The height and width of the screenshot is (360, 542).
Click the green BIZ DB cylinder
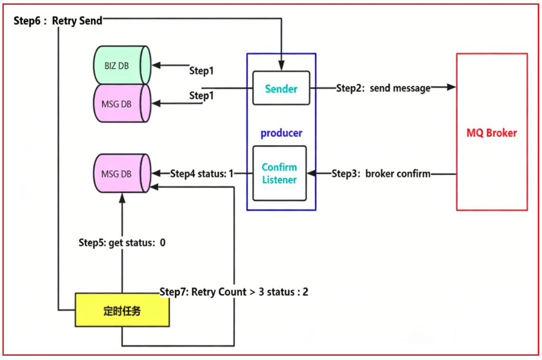coord(122,65)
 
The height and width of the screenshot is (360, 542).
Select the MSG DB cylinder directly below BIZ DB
coord(122,103)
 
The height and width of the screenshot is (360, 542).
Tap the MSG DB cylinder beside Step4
coord(122,174)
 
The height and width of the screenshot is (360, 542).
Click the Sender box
coord(281,88)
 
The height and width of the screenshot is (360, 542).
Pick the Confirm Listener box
coord(279,173)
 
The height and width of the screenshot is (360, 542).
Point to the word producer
coord(281,133)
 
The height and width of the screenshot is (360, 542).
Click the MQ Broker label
coord(492,133)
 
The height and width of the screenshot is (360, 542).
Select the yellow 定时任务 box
coord(122,310)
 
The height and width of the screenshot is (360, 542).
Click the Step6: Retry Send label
coord(58,21)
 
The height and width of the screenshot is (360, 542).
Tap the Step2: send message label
coord(384,88)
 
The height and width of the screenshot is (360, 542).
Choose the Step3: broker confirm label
coord(381,174)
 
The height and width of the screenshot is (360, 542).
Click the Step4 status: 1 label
coord(202,174)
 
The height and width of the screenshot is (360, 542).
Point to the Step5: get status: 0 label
coord(122,243)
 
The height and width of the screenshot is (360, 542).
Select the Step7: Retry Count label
coord(234,292)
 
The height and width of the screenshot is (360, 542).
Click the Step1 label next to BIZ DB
coord(201,70)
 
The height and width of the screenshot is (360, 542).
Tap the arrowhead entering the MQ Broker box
coord(452,87)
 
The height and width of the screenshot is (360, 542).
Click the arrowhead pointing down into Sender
coord(281,66)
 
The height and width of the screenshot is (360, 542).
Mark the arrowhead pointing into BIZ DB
coord(157,65)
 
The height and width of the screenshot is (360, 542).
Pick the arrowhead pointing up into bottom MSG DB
coord(122,198)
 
